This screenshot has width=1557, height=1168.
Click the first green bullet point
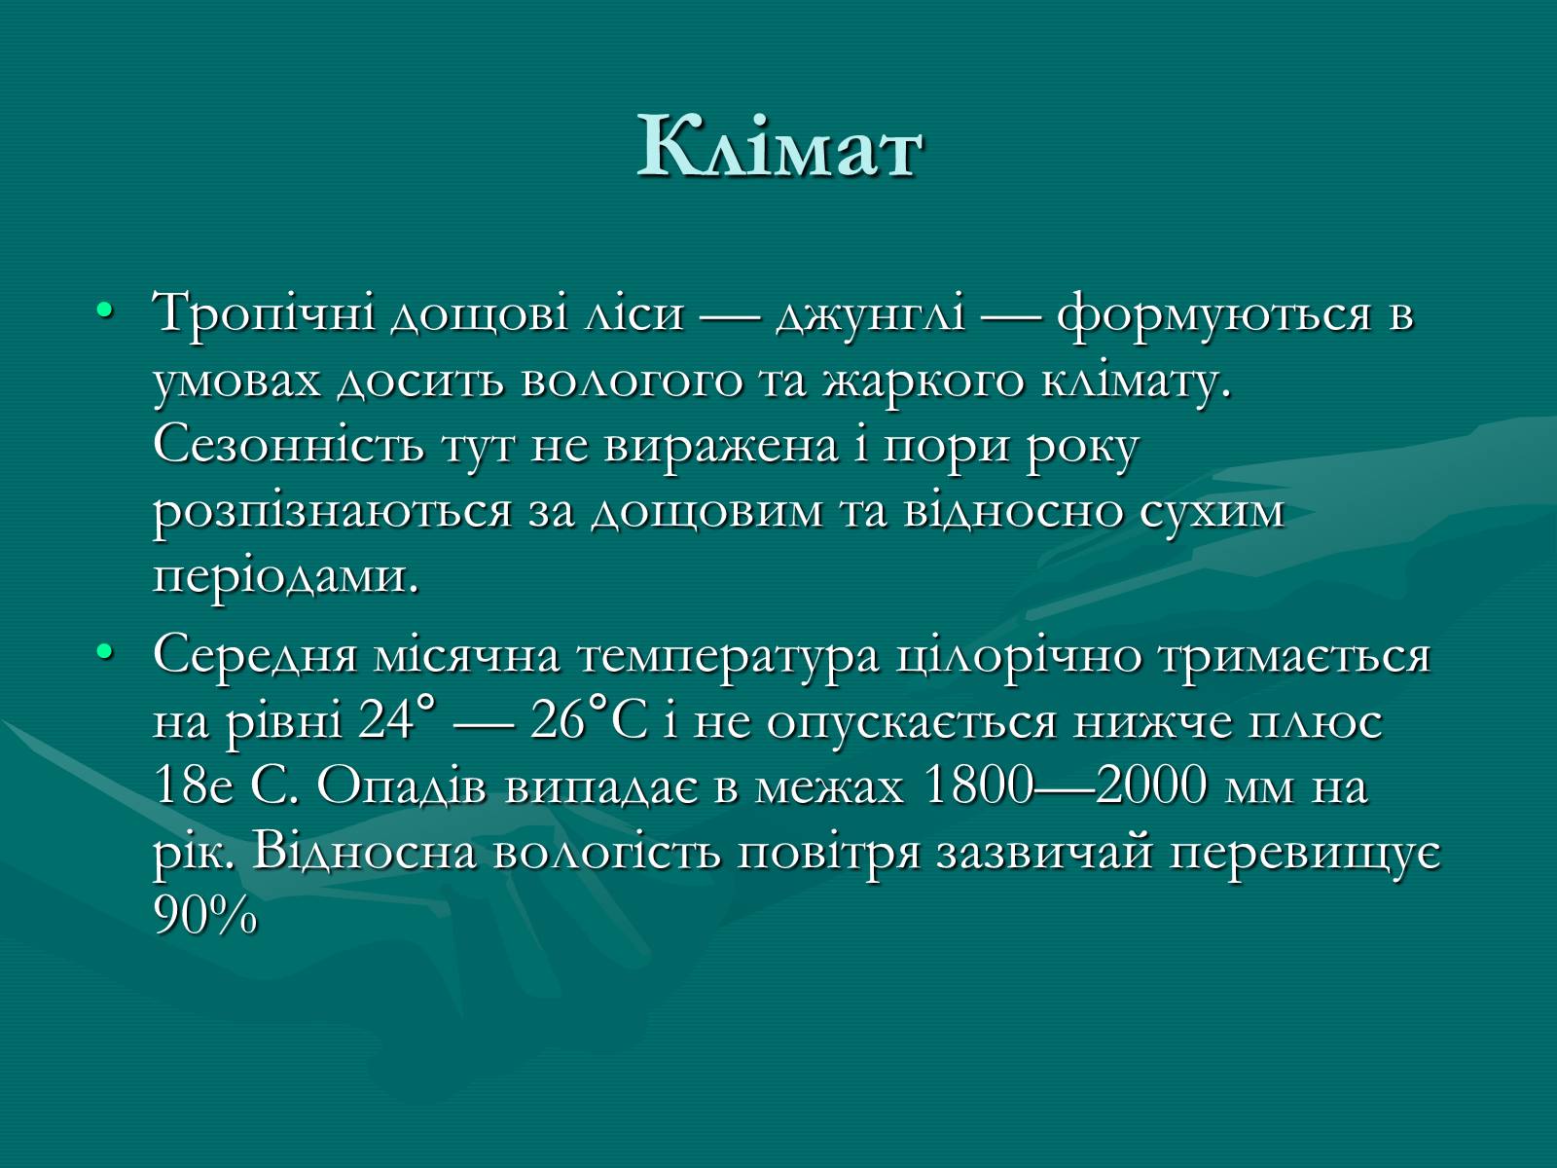(105, 310)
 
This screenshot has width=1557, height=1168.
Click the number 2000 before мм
(1150, 785)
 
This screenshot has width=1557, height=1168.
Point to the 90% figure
(205, 916)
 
